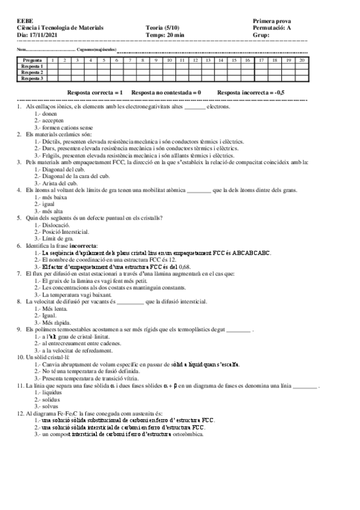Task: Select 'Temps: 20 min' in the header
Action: [x=165, y=34]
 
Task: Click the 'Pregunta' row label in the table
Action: [x=32, y=61]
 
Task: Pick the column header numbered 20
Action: [x=301, y=61]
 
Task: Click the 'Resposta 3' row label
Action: [x=32, y=78]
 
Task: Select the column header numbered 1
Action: [x=53, y=61]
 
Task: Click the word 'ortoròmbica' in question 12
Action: [x=188, y=434]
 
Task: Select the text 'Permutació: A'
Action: [x=273, y=28]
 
